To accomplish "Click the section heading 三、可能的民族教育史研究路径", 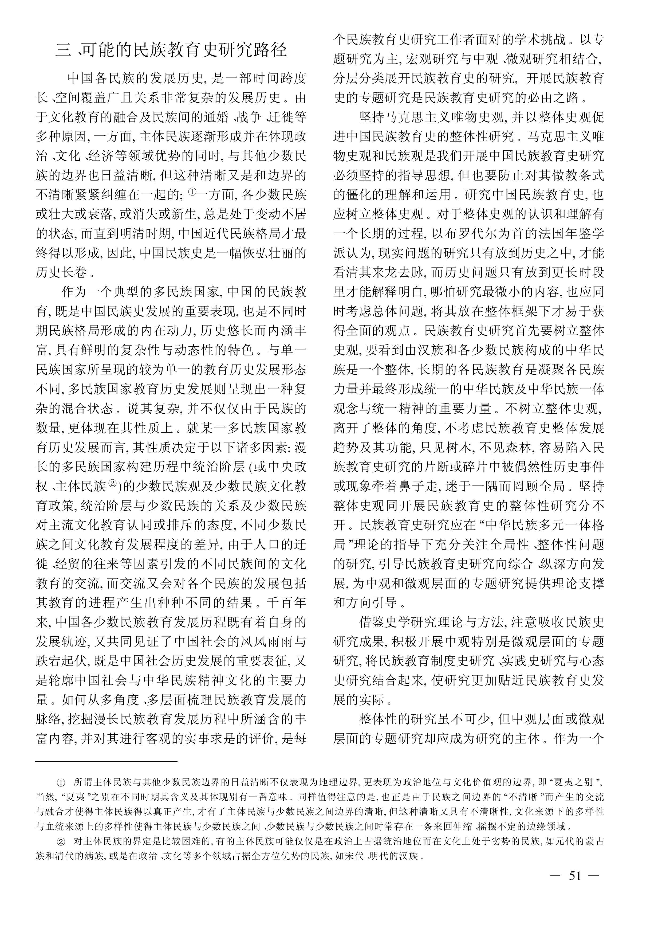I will [x=171, y=50].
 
